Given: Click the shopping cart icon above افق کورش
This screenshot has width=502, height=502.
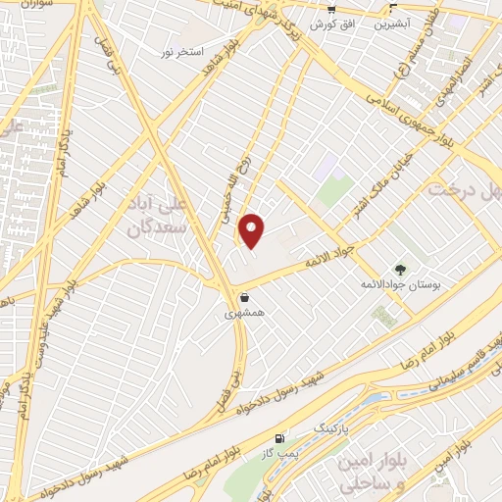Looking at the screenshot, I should pos(320,7).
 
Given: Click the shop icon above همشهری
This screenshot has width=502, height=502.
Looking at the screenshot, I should pos(244,297).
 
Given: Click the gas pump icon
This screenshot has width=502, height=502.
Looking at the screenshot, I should pos(282,437).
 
